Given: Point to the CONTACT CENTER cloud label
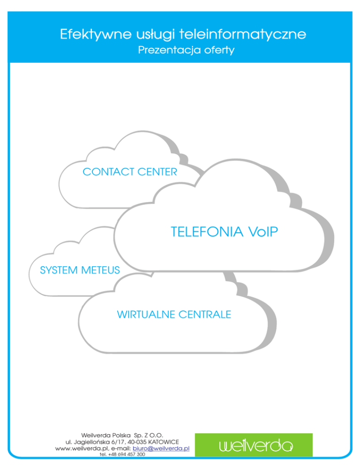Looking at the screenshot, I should [x=130, y=172].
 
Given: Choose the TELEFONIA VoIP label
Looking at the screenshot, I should [x=221, y=232].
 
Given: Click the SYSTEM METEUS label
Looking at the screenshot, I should [x=74, y=270].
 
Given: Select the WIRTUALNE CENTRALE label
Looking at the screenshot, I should [x=173, y=314].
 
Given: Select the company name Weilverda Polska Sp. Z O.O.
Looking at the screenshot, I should [x=122, y=435].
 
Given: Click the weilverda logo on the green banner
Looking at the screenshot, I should [x=254, y=445].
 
